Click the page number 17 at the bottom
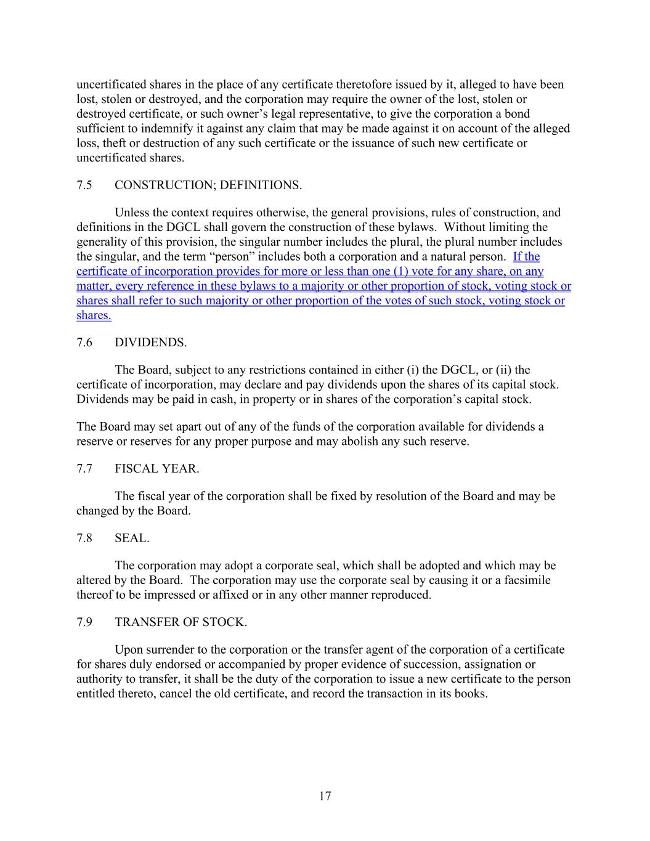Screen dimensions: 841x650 325,796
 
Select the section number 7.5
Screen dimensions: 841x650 84,185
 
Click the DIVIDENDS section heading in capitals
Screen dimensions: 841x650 150,342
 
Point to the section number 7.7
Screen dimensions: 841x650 84,468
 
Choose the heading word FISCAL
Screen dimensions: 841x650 136,468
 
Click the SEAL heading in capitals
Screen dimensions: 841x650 132,538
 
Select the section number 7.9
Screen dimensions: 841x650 84,622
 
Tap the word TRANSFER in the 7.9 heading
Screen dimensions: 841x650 145,622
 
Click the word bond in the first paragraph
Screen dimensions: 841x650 517,114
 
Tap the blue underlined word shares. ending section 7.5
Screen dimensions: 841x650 94,315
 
